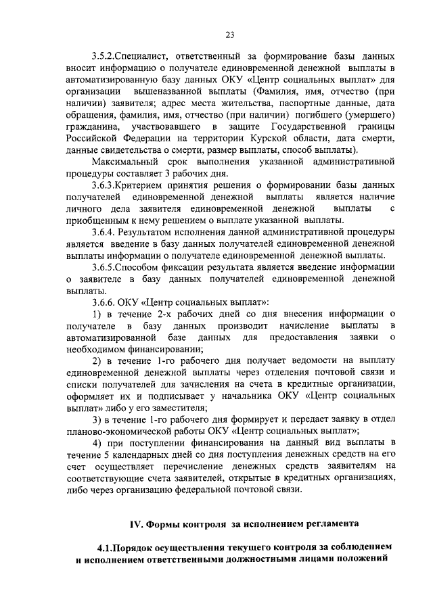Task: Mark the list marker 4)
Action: tap(97, 442)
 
